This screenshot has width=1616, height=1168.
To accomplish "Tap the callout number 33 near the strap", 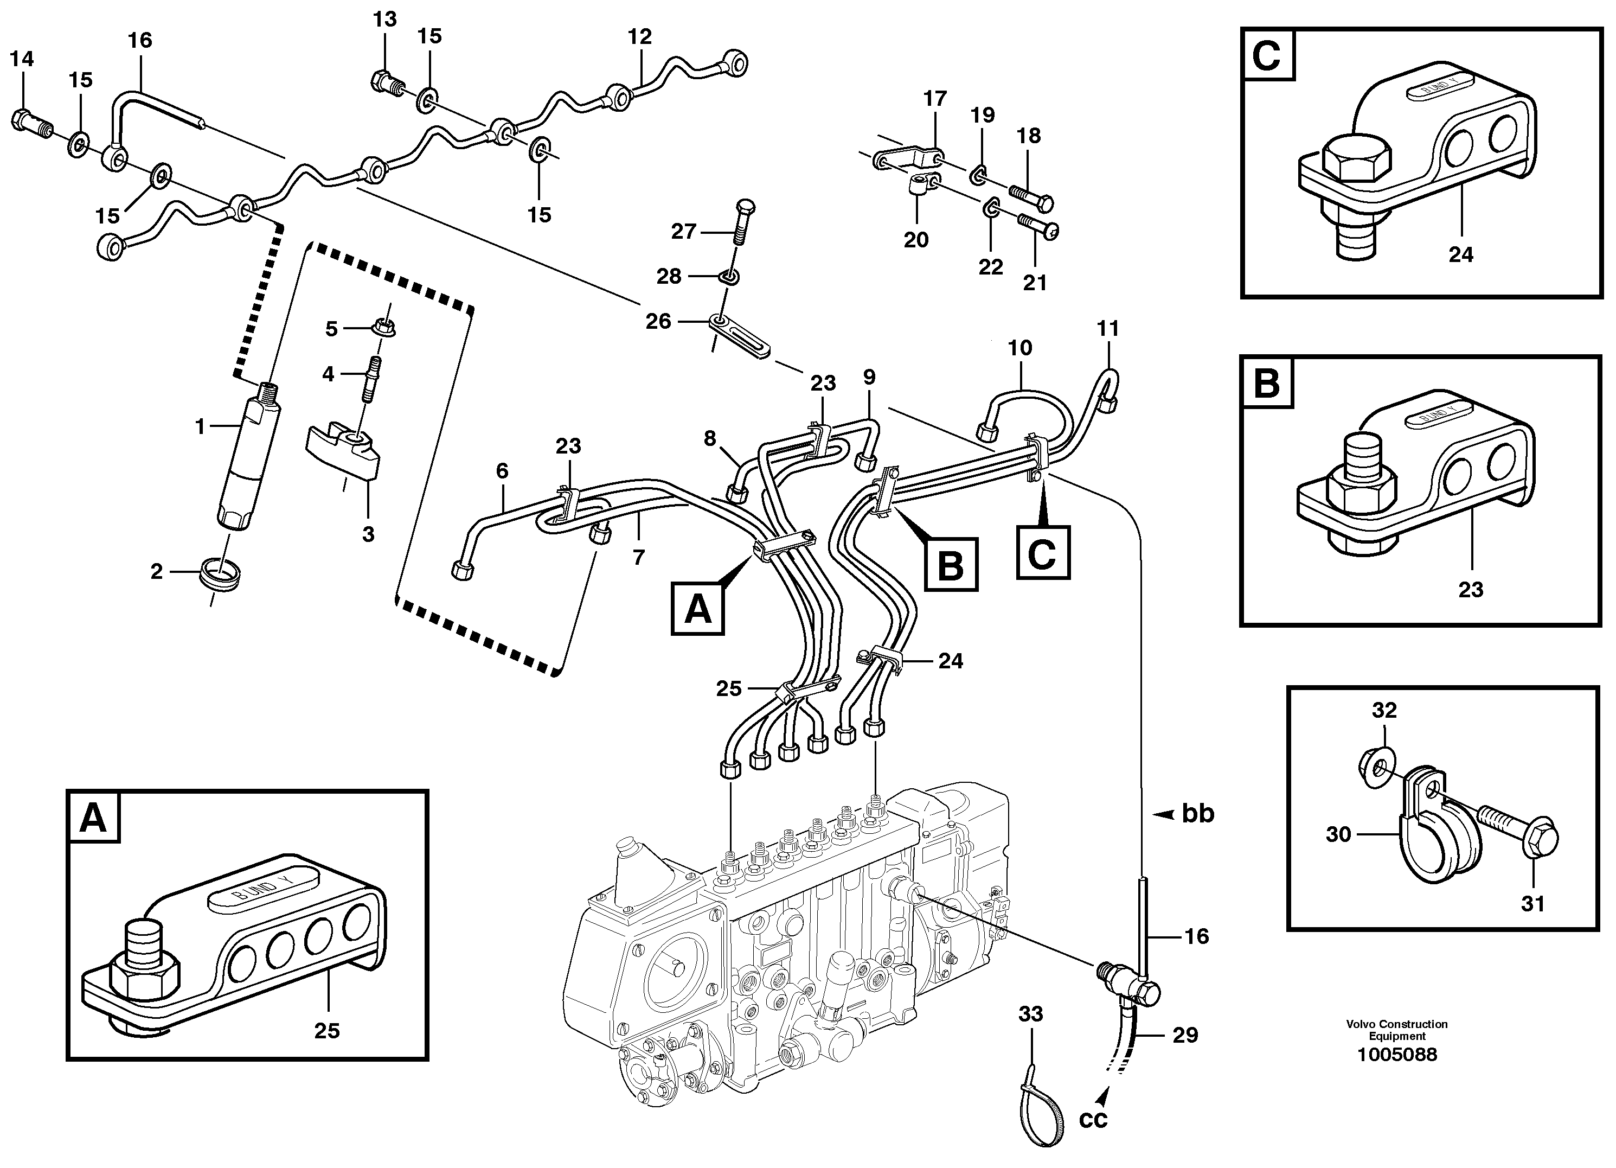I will click(x=1030, y=1013).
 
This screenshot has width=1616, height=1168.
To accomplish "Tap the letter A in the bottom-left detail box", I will click(x=93, y=818).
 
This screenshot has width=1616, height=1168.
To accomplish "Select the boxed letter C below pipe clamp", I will click(x=1042, y=552).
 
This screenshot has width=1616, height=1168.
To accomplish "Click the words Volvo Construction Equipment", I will click(x=1396, y=1030).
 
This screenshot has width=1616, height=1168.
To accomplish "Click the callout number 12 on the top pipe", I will click(x=639, y=36).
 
